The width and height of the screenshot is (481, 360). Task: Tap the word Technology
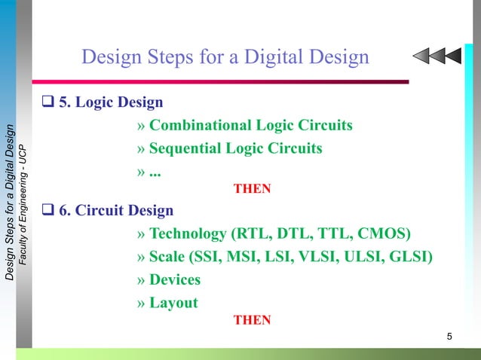tap(188, 233)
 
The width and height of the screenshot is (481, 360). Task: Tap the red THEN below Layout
tap(252, 320)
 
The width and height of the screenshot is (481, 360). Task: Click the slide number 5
tap(449, 336)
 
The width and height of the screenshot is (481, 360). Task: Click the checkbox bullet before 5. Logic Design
tap(49, 102)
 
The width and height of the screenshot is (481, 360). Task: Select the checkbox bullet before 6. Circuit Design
tap(49, 211)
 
